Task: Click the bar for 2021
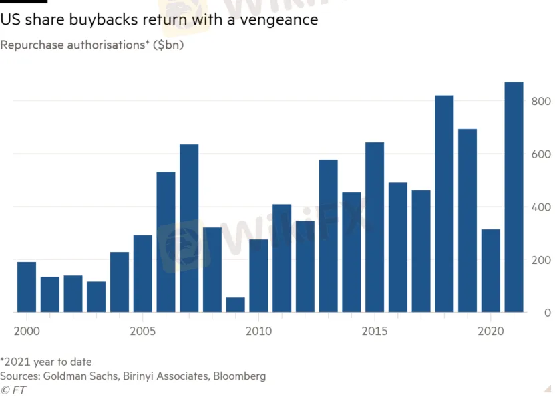coord(514,197)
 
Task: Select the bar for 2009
coord(235,305)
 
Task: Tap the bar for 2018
coord(444,204)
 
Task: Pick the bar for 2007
coord(189,229)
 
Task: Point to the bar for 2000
coord(27,287)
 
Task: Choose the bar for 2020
coord(491,271)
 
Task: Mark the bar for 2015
coord(375,227)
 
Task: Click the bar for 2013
coord(328,236)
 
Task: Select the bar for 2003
coord(96,297)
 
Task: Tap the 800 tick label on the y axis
coord(541,102)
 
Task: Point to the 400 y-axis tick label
coord(541,207)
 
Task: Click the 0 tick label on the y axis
coord(546,313)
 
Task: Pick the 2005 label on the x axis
coord(142,331)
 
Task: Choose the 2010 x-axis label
coord(258,331)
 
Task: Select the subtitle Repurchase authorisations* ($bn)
coord(92,45)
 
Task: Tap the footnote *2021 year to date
coord(46,362)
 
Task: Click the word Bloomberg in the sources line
coord(239,376)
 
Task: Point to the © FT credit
coord(13,390)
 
